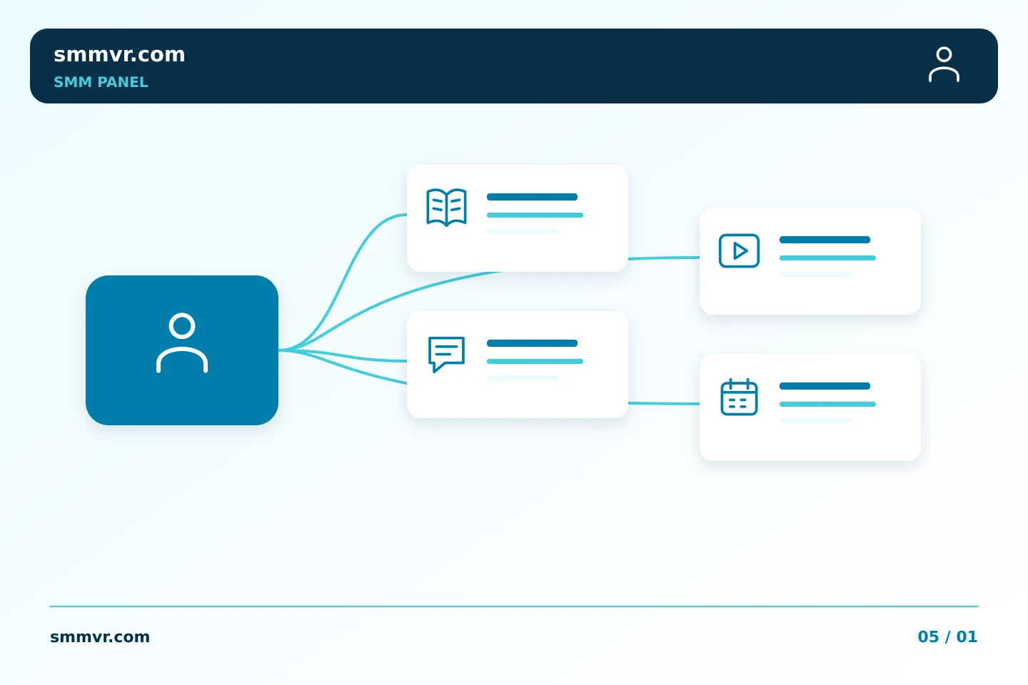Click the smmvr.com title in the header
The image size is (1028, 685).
point(119,55)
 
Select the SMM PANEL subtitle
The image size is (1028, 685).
point(101,82)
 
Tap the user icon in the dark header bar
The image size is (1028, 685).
point(944,64)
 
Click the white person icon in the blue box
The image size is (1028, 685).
point(182,342)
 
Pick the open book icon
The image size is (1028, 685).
point(447,207)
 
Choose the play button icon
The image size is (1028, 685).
point(739,250)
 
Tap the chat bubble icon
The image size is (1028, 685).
point(447,354)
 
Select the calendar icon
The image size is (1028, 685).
point(739,397)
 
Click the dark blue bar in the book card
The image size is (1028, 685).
point(532,197)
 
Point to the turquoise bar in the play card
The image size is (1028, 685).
point(827,258)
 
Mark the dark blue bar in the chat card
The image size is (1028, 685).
point(532,343)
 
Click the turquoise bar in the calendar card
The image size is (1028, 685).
point(827,404)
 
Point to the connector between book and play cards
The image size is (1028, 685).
point(664,258)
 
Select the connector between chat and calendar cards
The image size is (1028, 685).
point(664,403)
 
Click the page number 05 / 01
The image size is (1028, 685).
point(947,636)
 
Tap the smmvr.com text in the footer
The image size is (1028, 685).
point(100,636)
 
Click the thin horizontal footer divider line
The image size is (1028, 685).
point(514,607)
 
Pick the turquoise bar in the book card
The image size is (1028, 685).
point(535,215)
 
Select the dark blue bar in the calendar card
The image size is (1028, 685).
point(825,386)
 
